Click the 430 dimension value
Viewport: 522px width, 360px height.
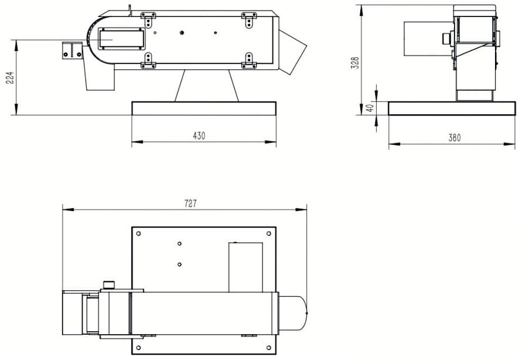coord(199,136)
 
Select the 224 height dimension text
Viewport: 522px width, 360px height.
coord(11,77)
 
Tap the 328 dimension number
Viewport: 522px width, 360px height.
coord(356,63)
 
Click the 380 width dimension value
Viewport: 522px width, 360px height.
coord(455,138)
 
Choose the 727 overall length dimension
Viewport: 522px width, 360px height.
coord(190,203)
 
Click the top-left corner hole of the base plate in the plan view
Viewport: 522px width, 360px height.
coord(138,233)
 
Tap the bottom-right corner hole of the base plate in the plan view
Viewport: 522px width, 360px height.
coord(269,348)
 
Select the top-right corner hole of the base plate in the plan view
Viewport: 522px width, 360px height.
coord(269,233)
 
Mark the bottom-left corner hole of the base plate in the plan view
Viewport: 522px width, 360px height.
coord(138,348)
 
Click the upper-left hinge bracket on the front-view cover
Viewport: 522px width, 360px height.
coord(148,19)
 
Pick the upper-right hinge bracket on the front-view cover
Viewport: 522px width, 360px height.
coord(249,19)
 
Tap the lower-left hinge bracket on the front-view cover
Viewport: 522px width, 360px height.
coord(148,60)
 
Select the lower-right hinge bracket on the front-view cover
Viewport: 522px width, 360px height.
coord(249,60)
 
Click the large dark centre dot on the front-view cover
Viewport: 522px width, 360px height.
coord(182,33)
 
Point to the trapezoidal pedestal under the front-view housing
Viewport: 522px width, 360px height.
coord(207,86)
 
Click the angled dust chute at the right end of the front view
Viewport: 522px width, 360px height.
coord(292,52)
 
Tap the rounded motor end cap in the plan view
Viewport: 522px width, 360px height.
coord(292,313)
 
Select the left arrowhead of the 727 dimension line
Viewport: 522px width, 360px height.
coord(68,209)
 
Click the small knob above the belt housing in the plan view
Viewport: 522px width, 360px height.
coord(108,285)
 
